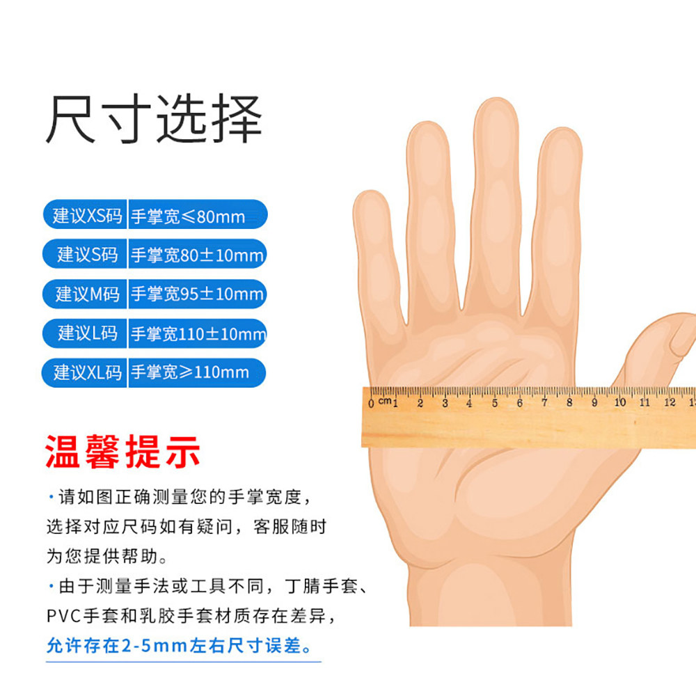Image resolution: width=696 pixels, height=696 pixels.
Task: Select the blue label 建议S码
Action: coord(87,255)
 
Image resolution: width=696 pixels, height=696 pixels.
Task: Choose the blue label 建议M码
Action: coord(87,294)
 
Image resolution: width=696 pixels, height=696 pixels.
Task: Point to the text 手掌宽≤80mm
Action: coord(188,216)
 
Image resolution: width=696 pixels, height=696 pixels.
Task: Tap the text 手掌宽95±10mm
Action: coord(197,294)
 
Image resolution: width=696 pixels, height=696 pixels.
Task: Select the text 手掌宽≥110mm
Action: coord(190,372)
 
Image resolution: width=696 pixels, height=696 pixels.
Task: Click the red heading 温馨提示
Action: coord(123,452)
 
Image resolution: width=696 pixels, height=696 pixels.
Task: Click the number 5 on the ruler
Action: coord(495,403)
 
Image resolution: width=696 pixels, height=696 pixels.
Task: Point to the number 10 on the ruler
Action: coord(619,402)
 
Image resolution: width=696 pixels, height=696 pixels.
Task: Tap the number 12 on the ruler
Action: coord(670,402)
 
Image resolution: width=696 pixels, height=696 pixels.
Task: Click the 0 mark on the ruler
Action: coord(371,403)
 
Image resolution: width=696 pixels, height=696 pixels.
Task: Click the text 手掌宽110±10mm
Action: coord(198,333)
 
